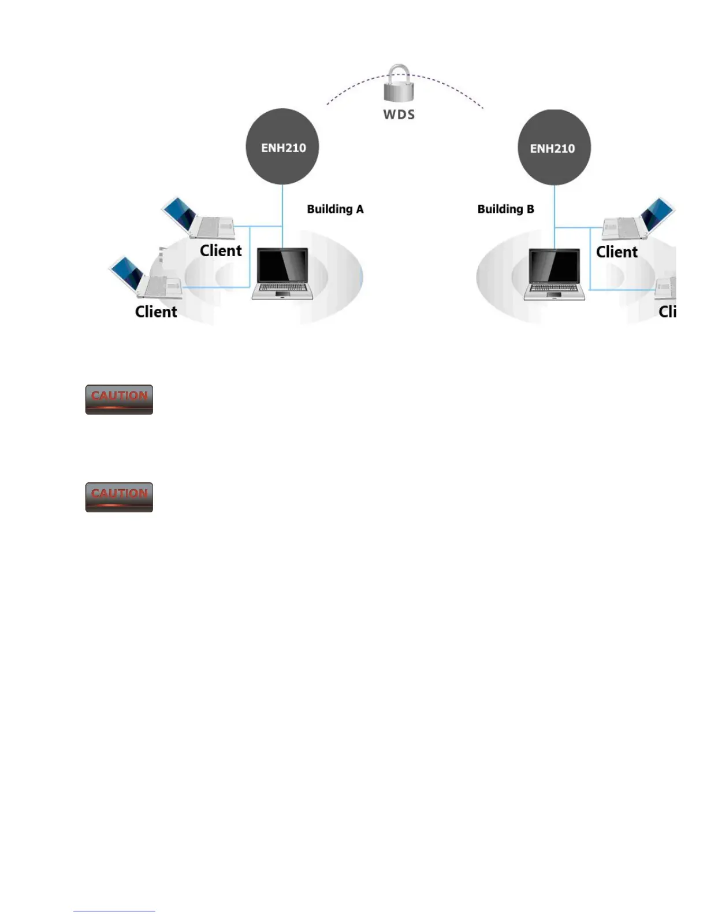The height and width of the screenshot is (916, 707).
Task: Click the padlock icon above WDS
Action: [x=399, y=83]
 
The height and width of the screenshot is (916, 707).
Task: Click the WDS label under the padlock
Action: [x=399, y=114]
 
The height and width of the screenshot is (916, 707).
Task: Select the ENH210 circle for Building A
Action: [x=282, y=147]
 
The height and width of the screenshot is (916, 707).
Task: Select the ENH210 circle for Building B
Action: [x=554, y=147]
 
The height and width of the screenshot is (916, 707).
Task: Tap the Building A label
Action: [x=335, y=209]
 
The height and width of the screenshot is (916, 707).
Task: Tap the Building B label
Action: [x=505, y=209]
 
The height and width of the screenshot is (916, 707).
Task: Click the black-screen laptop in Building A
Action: [x=282, y=274]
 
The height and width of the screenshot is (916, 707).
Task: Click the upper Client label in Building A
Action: [x=221, y=250]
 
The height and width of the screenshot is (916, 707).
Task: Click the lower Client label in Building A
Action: [x=156, y=312]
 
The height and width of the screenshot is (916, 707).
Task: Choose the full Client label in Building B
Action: [x=617, y=252]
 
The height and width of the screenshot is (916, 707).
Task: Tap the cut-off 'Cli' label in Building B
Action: [x=667, y=312]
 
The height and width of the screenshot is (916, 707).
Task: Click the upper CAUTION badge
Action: [x=119, y=399]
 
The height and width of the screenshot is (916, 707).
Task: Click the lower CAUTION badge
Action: [x=119, y=497]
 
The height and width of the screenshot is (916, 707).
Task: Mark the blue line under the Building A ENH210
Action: [x=282, y=205]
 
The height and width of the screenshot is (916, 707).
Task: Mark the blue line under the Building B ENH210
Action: [x=555, y=205]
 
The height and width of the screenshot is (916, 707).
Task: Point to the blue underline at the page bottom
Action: [x=114, y=911]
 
